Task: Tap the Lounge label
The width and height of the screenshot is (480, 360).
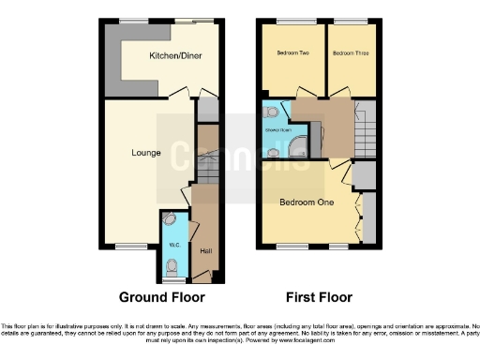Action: (x=145, y=153)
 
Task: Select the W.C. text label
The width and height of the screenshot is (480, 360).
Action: (x=173, y=246)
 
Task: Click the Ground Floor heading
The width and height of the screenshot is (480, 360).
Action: (x=161, y=297)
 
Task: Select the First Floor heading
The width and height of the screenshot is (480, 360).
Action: (x=320, y=297)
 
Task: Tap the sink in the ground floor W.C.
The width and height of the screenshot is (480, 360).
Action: (x=169, y=218)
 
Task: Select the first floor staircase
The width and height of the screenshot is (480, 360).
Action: (x=366, y=122)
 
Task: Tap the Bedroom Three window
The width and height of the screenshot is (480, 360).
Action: (x=352, y=21)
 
